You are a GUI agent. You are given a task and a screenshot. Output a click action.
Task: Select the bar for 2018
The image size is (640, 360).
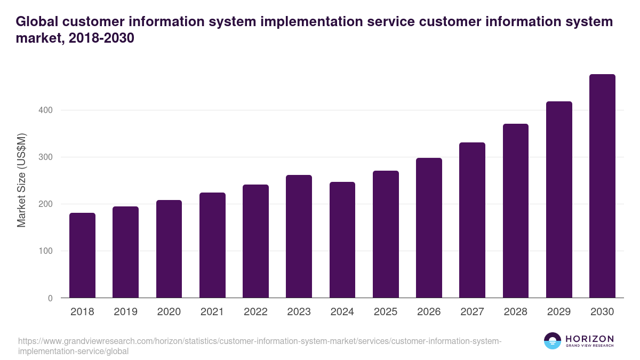(83, 255)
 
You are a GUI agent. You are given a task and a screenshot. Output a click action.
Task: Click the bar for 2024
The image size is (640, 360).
(342, 240)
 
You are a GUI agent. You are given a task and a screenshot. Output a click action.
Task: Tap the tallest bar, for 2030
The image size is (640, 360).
(602, 186)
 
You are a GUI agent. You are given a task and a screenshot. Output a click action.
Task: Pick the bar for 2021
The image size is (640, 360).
(212, 245)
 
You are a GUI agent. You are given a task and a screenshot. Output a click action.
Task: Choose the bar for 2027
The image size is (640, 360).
(472, 220)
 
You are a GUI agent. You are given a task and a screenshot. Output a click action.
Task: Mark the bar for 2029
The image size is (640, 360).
(559, 199)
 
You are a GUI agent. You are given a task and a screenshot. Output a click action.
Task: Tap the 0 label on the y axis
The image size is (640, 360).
(50, 298)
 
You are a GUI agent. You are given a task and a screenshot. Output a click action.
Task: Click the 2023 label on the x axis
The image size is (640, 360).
(299, 312)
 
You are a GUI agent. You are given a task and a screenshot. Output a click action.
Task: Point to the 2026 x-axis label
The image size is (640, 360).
(429, 312)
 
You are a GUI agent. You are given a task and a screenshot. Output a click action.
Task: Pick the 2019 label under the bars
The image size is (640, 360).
(125, 312)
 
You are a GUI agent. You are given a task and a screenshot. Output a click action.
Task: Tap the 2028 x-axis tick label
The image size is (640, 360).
(515, 312)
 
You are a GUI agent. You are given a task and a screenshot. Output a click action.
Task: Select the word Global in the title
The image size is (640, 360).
(37, 22)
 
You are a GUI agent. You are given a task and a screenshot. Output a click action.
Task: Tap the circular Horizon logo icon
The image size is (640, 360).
(553, 341)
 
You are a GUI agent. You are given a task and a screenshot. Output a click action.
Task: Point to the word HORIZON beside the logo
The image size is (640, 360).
(589, 339)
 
